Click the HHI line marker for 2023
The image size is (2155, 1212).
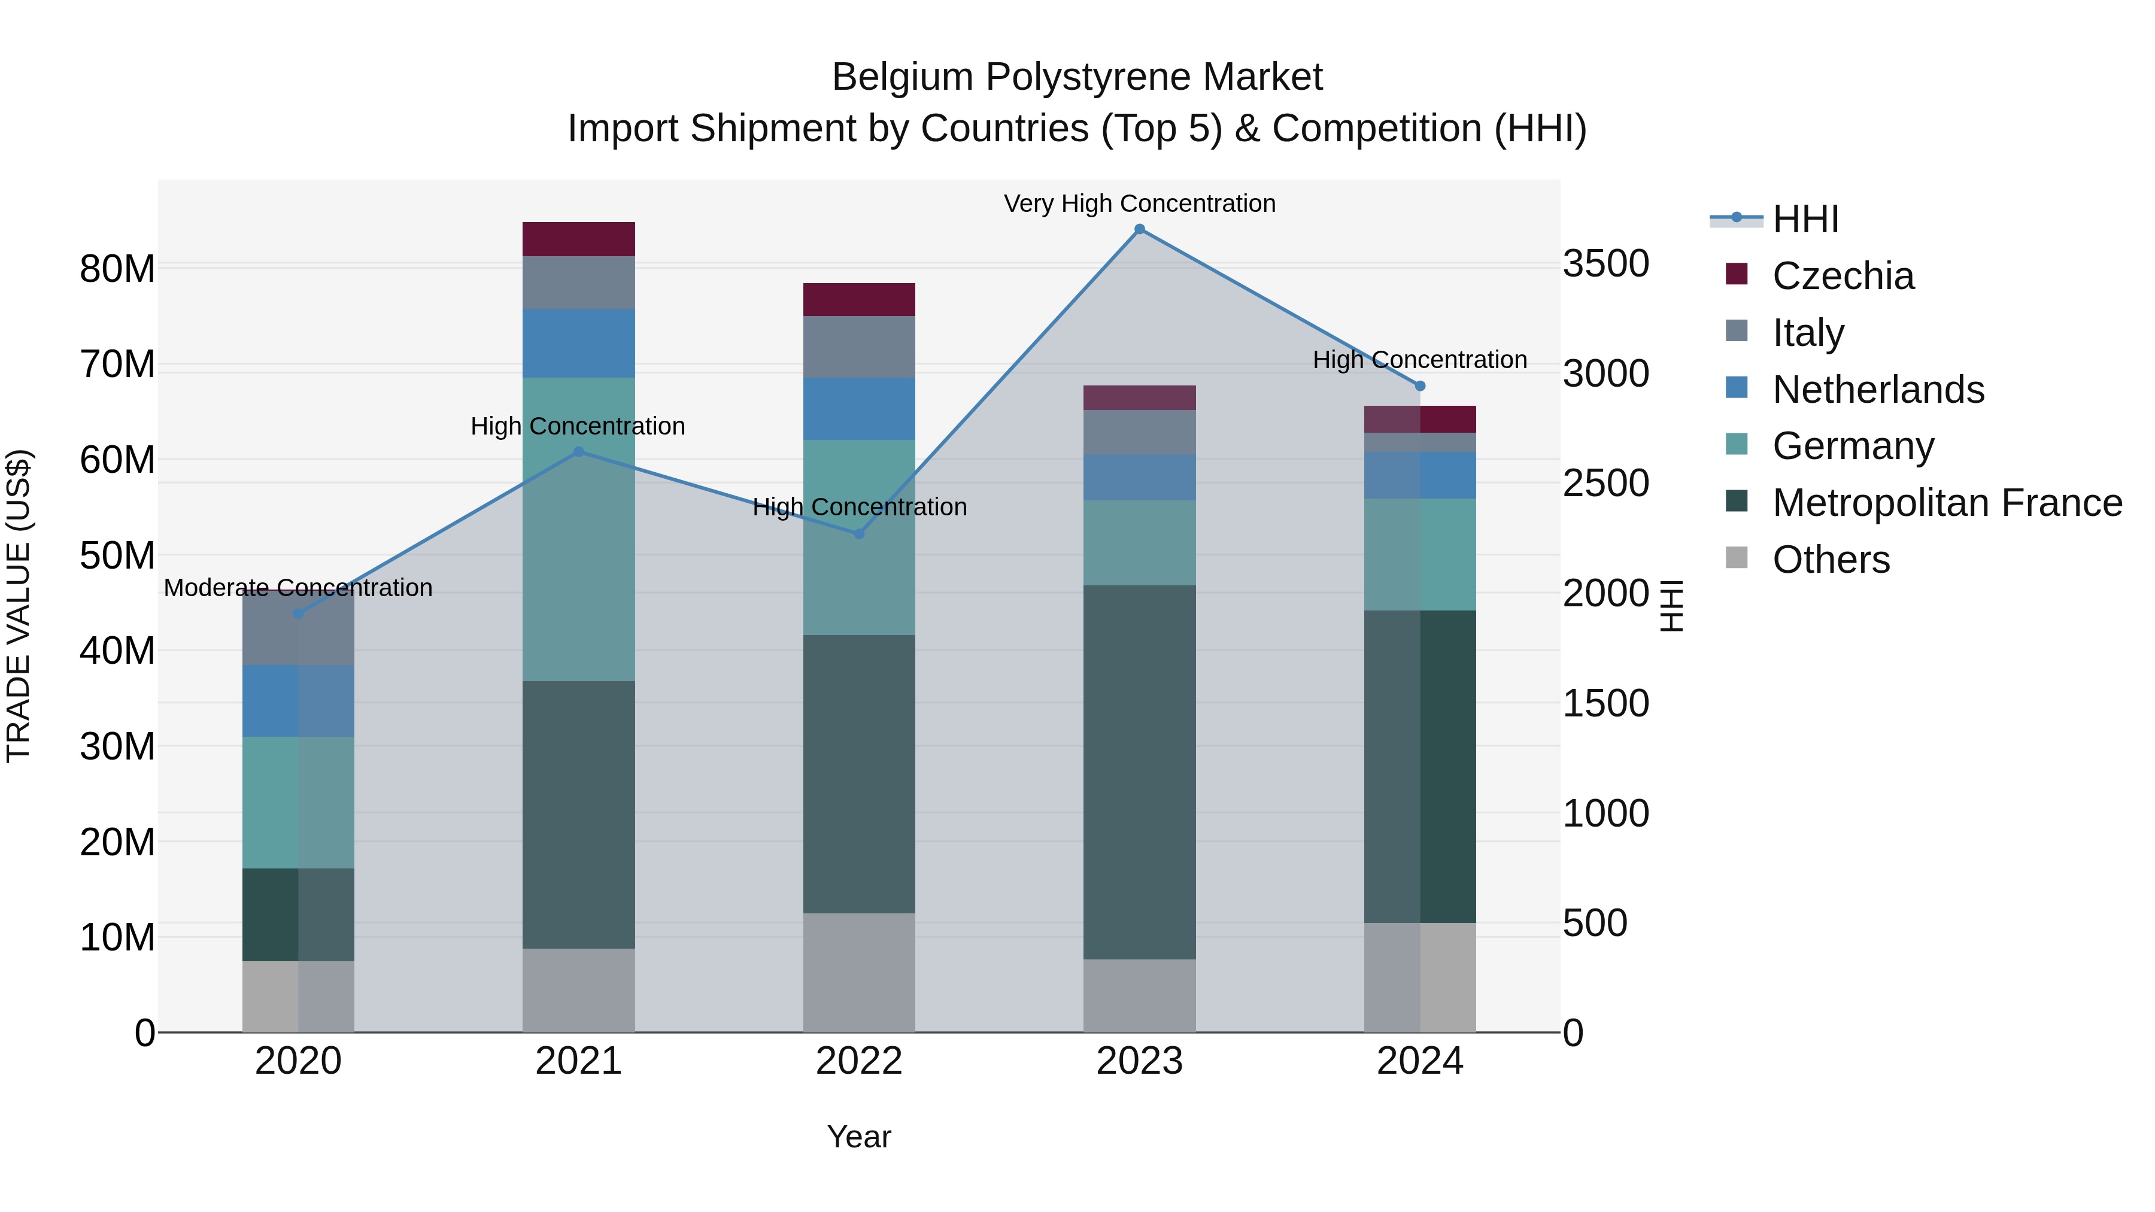1139,229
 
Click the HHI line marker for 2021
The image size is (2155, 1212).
578,452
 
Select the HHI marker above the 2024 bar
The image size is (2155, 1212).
1420,385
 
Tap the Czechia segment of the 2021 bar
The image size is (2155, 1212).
578,239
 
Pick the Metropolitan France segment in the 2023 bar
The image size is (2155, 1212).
1139,771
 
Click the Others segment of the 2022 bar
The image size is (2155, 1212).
859,972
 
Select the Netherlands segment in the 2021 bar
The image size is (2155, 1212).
578,343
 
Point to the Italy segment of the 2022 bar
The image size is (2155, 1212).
859,347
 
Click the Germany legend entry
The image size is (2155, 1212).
1853,446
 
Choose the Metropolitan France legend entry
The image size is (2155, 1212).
1947,503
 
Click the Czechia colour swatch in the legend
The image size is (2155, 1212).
1737,274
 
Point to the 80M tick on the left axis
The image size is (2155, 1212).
117,269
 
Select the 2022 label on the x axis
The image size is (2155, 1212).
859,1061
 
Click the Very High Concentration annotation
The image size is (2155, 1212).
1139,203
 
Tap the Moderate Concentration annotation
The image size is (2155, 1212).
298,587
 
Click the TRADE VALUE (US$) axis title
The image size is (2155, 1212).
19,606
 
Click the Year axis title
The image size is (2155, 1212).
859,1137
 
